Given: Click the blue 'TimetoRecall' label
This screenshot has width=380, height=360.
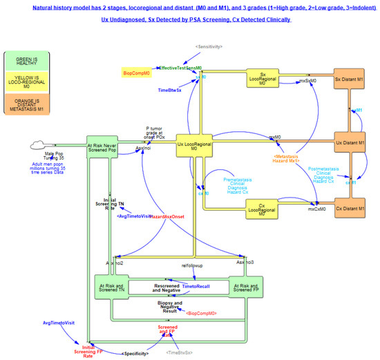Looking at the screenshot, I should pyautogui.click(x=195, y=285).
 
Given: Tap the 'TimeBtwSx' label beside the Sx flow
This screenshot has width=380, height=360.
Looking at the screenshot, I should pyautogui.click(x=169, y=91).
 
